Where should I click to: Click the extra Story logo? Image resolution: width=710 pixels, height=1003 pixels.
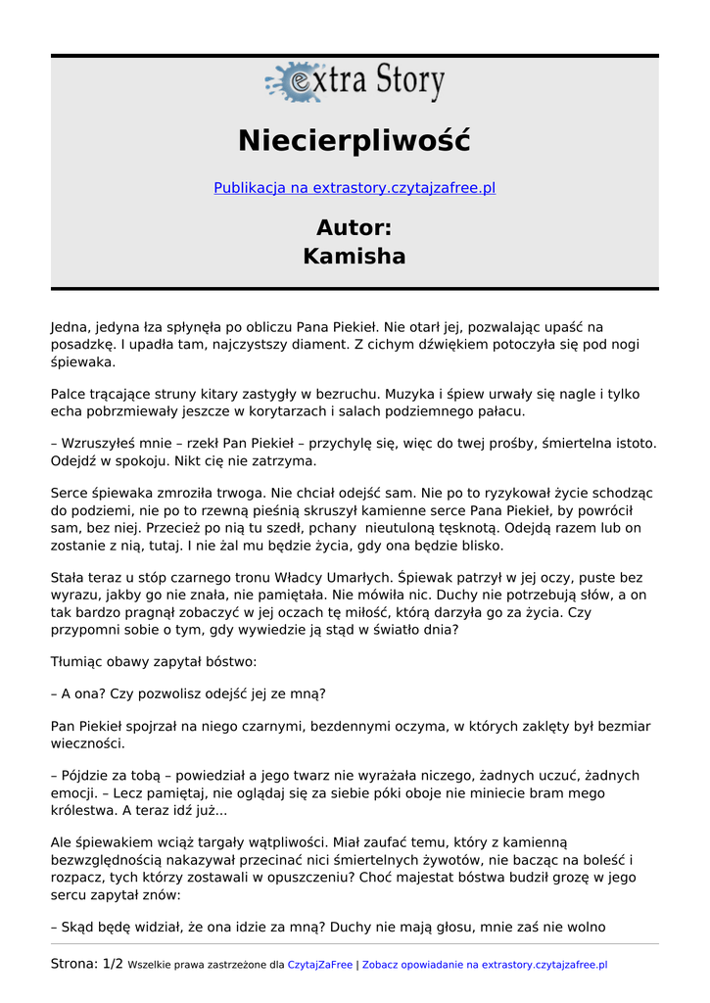point(355,81)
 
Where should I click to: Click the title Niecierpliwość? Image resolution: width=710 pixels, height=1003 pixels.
point(355,141)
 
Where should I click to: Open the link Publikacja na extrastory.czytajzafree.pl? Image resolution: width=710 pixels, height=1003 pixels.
point(355,188)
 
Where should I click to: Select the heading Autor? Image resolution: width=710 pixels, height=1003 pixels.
point(355,228)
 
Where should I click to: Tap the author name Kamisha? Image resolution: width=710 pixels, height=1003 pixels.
point(355,257)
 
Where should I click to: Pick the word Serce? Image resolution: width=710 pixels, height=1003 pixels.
point(71,493)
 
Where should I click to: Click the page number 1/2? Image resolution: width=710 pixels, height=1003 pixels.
point(113,964)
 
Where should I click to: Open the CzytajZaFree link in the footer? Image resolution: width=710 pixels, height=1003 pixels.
point(319,965)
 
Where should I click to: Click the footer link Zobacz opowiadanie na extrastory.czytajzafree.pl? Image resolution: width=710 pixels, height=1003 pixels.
point(485,965)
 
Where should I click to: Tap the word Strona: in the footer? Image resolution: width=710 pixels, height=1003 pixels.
point(73,964)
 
